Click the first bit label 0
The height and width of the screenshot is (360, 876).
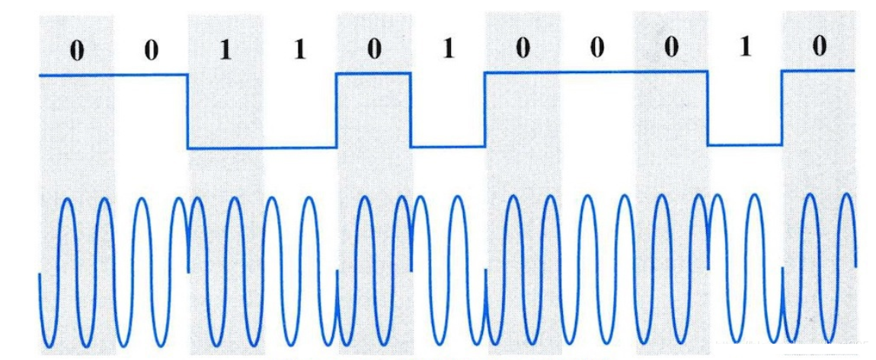click(x=77, y=50)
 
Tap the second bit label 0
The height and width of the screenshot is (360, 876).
click(x=152, y=50)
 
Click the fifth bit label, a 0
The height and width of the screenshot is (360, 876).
click(x=374, y=50)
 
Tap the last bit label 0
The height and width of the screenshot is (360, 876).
click(x=819, y=47)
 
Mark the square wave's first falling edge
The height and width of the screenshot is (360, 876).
click(x=187, y=111)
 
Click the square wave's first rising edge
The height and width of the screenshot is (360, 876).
click(x=337, y=110)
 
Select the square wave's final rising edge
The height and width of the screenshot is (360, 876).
click(x=782, y=107)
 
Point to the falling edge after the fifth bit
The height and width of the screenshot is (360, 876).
click(x=411, y=110)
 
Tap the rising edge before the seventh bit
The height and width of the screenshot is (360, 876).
click(x=485, y=109)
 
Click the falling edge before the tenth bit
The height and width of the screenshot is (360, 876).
click(x=708, y=107)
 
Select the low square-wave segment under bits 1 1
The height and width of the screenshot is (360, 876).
click(x=262, y=148)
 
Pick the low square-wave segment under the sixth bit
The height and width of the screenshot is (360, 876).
click(x=448, y=147)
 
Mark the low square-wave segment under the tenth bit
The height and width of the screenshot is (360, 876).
click(x=745, y=145)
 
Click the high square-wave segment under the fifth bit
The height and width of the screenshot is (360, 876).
click(x=373, y=73)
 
